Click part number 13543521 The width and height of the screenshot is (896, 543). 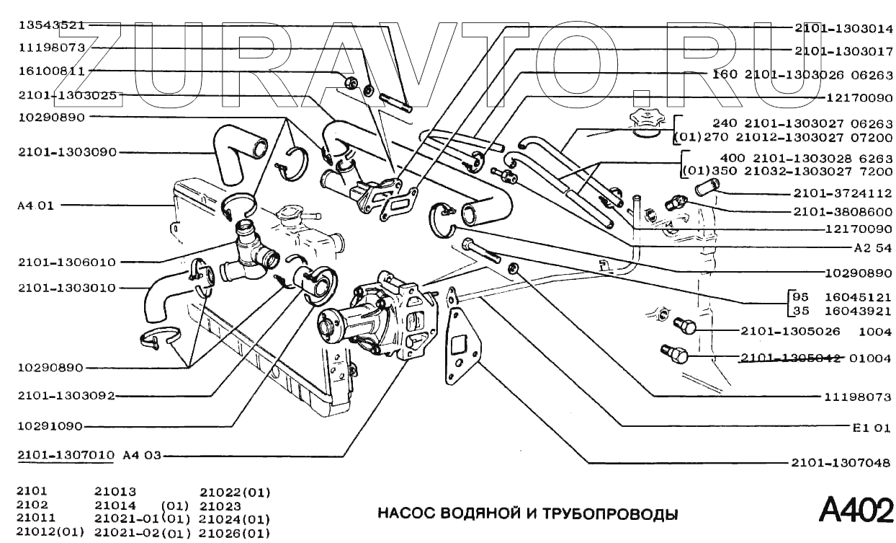coord(52,25)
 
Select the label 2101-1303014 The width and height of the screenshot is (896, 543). coord(843,28)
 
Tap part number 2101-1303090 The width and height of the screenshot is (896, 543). coord(67,153)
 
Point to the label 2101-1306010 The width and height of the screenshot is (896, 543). coord(67,262)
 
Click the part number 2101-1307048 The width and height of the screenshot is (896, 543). coord(841,463)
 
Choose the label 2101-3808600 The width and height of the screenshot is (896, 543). coord(843,211)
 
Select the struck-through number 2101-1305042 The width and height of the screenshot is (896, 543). coord(791,358)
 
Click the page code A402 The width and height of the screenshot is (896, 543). coord(856,510)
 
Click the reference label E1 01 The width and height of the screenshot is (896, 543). coord(872,428)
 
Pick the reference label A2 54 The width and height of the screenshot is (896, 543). coord(873,248)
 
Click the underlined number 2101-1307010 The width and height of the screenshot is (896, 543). coord(66,455)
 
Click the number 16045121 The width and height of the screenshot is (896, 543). coord(858,298)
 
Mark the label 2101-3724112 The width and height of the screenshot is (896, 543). coord(843,193)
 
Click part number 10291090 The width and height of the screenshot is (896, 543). coord(50,426)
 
